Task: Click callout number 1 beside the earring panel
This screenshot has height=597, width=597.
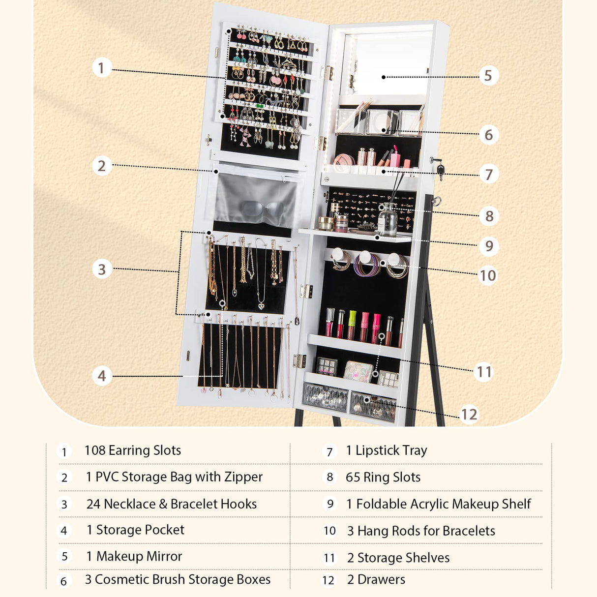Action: [x=101, y=67]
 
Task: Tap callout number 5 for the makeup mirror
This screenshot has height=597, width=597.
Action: [x=488, y=76]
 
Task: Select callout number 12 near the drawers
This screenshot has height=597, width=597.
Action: [x=469, y=415]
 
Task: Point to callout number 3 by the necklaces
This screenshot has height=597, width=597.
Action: [x=102, y=269]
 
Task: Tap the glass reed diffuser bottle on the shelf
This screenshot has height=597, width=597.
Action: [x=388, y=220]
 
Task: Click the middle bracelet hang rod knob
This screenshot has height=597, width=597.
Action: [x=365, y=257]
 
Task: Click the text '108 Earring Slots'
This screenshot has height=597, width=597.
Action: [x=133, y=450]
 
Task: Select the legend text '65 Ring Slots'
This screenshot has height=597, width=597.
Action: [x=383, y=478]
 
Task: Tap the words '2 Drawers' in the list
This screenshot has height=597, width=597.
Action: [x=376, y=580]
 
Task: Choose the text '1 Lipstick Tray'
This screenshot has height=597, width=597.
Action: [x=387, y=450]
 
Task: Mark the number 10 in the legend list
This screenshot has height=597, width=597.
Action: [x=329, y=531]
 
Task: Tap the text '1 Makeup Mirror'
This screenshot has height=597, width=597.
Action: [x=134, y=556]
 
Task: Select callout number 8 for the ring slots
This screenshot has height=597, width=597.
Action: [x=489, y=216]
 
